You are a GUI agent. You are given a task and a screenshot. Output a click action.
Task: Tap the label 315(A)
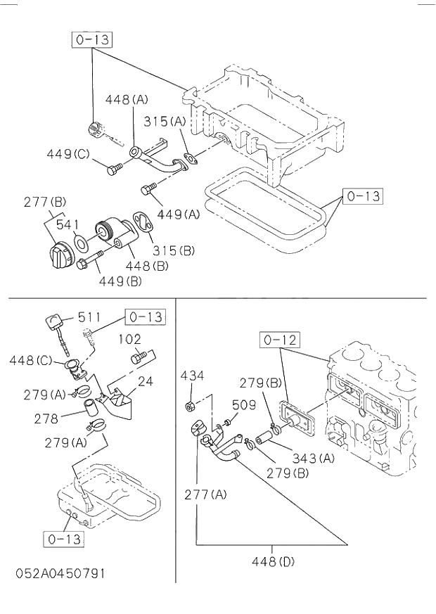point(165,121)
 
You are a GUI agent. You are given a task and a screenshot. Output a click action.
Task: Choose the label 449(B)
point(120,281)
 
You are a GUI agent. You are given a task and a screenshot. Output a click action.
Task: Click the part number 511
point(90,317)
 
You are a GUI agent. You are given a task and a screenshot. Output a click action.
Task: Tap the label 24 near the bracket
point(146,383)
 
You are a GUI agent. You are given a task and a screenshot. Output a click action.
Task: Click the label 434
point(192,376)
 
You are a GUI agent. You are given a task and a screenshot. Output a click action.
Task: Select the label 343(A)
point(313,458)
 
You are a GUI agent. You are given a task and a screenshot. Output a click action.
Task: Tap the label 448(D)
point(272,561)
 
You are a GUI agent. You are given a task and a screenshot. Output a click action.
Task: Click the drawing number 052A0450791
point(60,573)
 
